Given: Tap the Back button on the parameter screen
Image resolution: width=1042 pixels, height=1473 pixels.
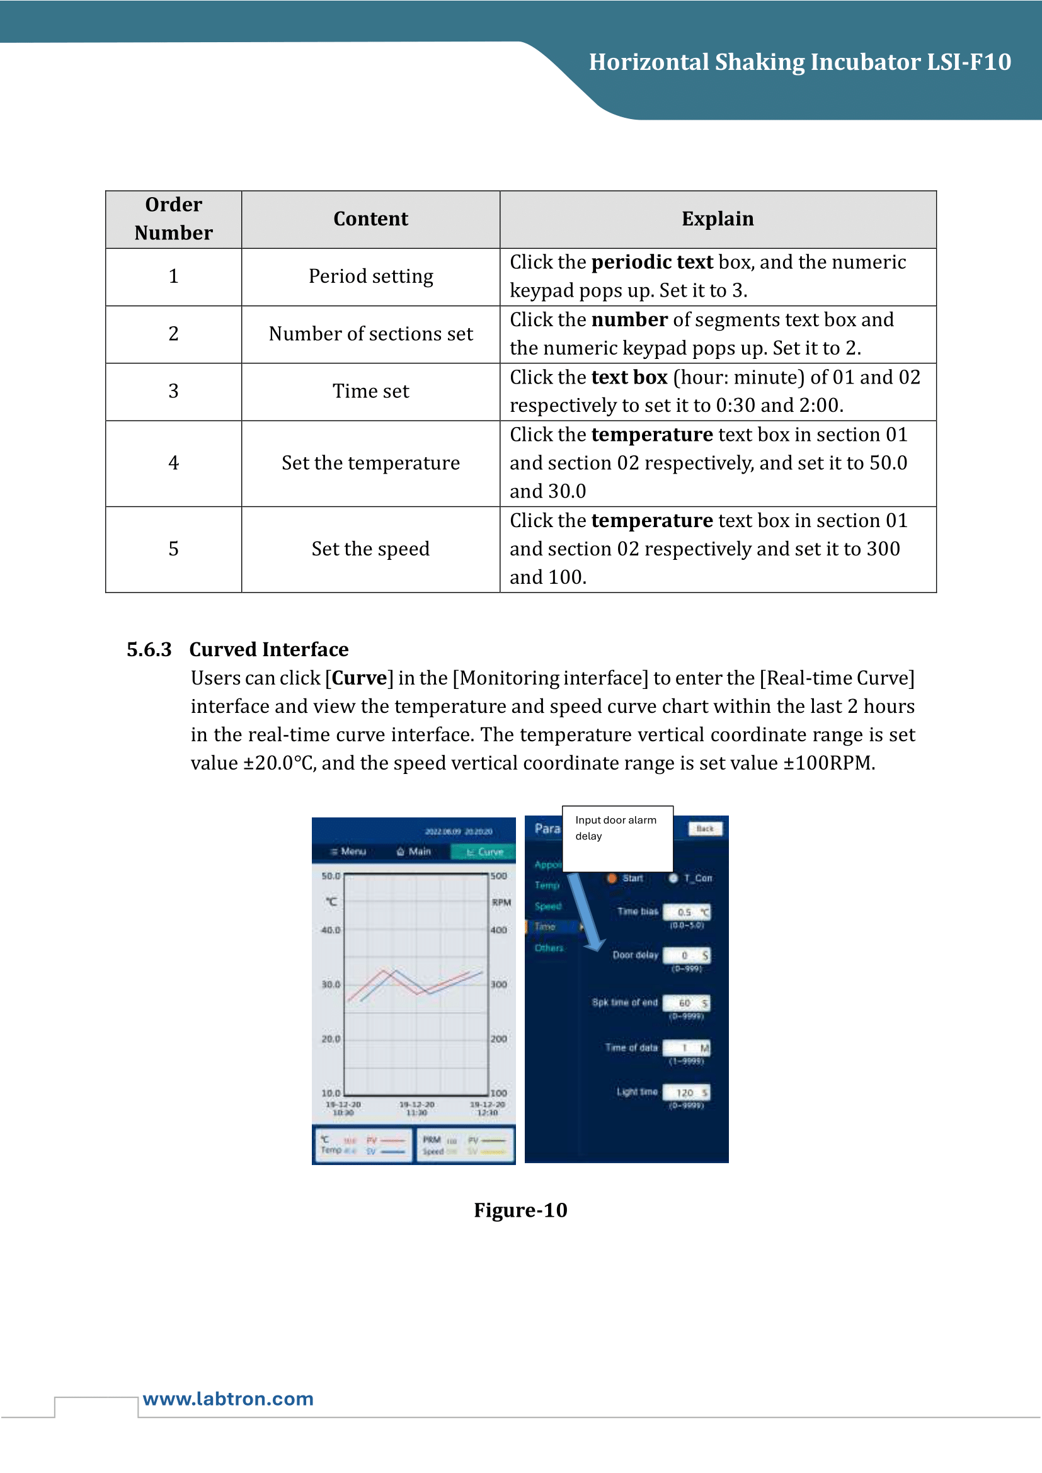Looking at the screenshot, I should [x=704, y=829].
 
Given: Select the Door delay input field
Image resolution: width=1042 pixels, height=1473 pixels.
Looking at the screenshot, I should [x=686, y=955].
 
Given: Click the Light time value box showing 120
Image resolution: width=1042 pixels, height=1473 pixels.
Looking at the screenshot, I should [x=686, y=1093].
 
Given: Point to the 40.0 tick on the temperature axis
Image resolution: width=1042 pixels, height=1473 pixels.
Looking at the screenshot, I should [x=331, y=930].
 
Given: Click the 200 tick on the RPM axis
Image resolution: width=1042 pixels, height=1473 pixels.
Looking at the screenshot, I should [x=498, y=1038].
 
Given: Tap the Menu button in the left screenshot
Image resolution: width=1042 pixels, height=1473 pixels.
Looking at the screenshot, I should [x=348, y=851].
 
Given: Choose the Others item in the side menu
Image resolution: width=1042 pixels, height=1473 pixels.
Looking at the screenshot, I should [x=549, y=948].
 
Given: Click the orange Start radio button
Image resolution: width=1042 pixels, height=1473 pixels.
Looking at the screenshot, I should [x=612, y=878].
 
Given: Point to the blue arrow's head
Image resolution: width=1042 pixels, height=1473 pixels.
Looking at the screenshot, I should [x=595, y=944].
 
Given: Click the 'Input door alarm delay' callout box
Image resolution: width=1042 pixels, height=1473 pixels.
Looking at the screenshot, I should [x=617, y=838].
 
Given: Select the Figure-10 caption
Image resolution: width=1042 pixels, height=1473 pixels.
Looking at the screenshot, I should [x=520, y=1210].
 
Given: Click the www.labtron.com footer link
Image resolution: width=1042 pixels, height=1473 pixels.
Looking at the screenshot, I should [x=228, y=1399].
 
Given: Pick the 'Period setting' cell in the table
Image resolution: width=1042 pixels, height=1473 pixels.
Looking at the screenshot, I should [x=371, y=276].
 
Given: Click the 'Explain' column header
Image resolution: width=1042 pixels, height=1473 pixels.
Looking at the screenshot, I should [x=718, y=219].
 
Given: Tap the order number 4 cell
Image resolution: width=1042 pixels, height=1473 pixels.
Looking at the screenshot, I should [x=173, y=464].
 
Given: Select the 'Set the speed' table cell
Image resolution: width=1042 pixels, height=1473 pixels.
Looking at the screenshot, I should [x=371, y=549].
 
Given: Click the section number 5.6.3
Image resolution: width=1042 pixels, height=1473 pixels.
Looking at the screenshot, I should [x=149, y=649].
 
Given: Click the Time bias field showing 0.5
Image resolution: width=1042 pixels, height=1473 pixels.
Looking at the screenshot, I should [x=686, y=912].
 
